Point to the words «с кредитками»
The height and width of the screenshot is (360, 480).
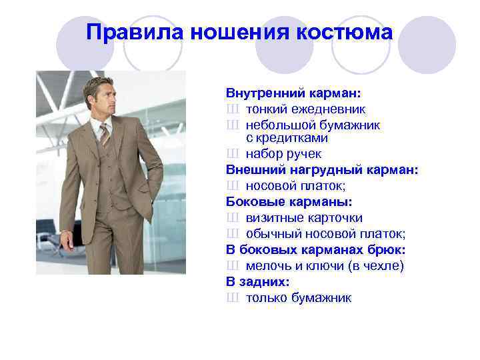(x=287, y=138)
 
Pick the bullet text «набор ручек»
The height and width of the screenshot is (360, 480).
(x=283, y=154)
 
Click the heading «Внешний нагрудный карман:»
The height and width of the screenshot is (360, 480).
(x=322, y=170)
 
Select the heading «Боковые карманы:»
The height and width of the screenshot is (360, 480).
(x=279, y=201)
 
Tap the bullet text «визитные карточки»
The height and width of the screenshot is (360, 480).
(x=304, y=217)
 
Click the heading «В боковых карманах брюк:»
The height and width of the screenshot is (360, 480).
(x=315, y=249)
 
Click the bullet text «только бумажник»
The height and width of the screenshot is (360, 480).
(x=298, y=297)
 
